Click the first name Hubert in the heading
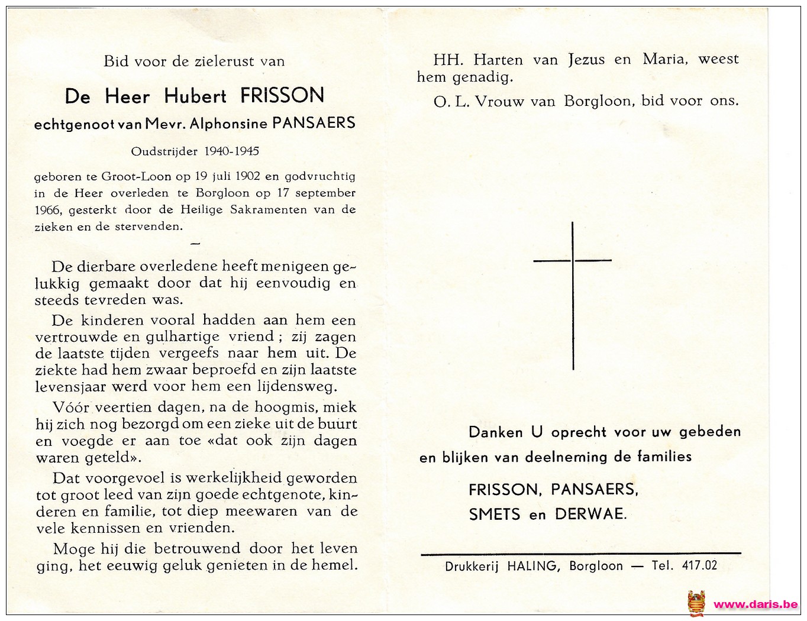(195, 96)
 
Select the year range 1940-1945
(231, 151)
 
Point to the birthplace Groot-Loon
(136, 176)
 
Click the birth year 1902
(248, 176)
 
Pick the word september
(325, 193)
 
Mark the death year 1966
(48, 210)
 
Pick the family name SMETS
(495, 515)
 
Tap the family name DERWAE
(590, 514)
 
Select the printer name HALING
(532, 566)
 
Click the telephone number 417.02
(699, 565)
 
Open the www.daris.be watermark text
(756, 604)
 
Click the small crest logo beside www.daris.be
(696, 603)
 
